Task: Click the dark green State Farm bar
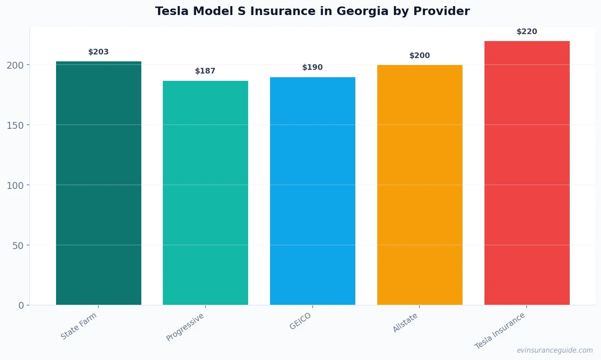coord(98,183)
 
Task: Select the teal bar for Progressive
coord(205,193)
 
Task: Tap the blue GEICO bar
coord(312,191)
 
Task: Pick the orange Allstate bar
coord(419,185)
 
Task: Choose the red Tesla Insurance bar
coord(527,173)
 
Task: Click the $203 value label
coord(98,52)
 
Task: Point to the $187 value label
coord(205,71)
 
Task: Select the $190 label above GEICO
coord(312,67)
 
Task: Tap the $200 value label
coord(419,56)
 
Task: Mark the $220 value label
coord(527,32)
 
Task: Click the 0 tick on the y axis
coord(21,306)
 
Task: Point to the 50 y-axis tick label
coord(18,245)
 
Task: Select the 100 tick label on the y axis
coord(15,185)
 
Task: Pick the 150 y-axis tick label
coord(15,125)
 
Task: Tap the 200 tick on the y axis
coord(15,65)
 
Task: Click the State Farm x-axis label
coord(79,326)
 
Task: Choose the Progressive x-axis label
coord(185,327)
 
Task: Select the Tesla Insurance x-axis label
coord(500,331)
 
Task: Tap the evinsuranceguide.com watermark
coord(555,350)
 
